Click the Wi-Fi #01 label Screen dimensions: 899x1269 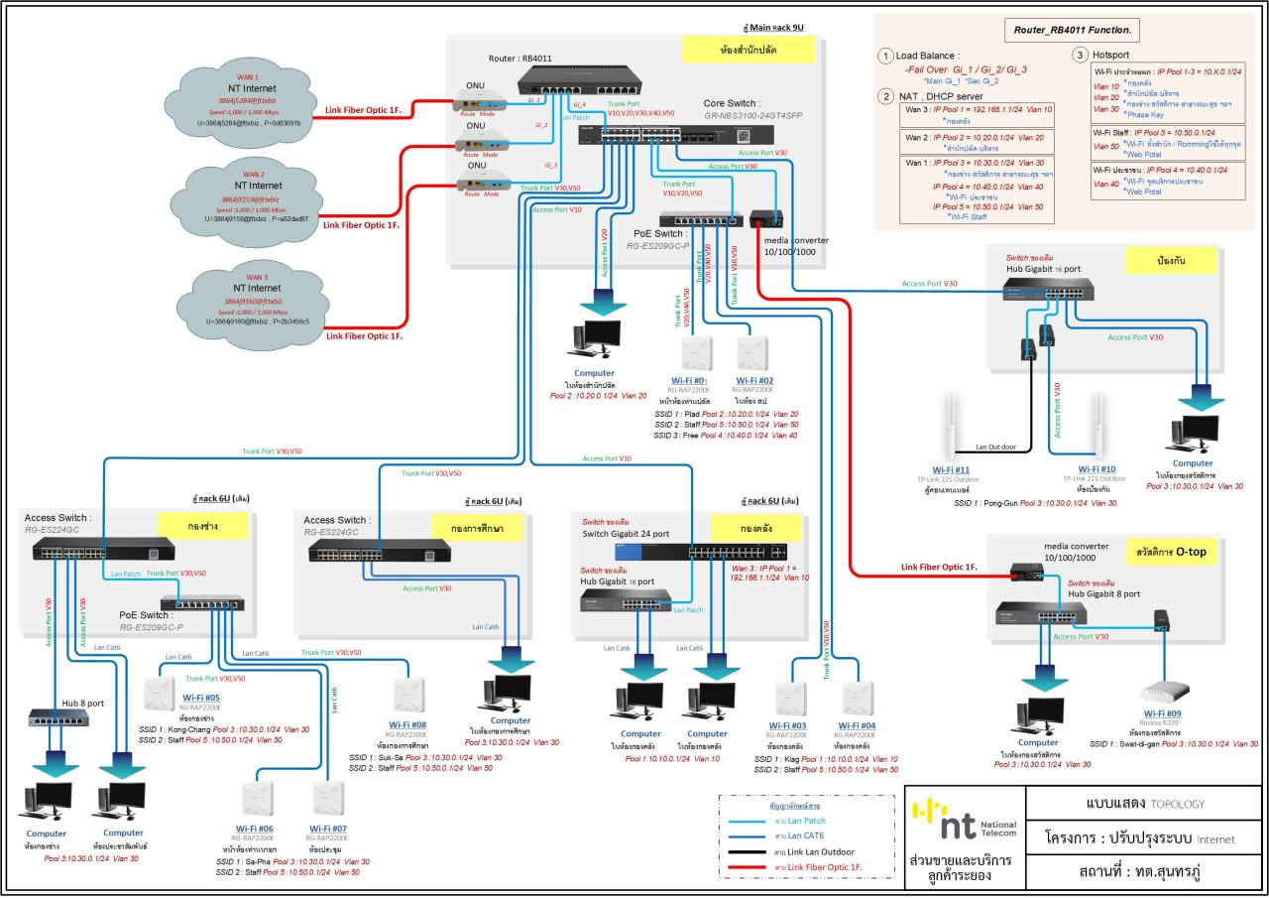tap(688, 380)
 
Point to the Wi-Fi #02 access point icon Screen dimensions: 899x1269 tap(752, 352)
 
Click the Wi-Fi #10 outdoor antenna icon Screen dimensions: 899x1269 tap(1098, 425)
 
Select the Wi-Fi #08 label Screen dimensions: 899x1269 tap(404, 724)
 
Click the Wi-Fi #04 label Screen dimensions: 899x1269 tap(859, 725)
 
